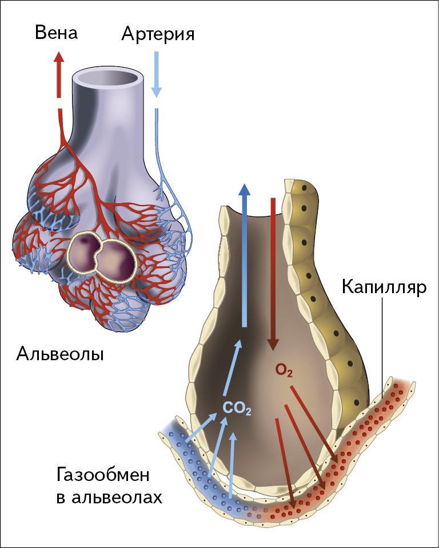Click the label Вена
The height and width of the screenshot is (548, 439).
pos(56,33)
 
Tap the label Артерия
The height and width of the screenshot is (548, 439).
pos(158,34)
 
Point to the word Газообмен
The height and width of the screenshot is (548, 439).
pos(103,475)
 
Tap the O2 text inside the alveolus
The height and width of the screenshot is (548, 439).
pos(284,371)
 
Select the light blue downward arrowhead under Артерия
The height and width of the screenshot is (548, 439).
pos(157,92)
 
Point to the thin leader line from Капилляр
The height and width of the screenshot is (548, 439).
pos(382,344)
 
